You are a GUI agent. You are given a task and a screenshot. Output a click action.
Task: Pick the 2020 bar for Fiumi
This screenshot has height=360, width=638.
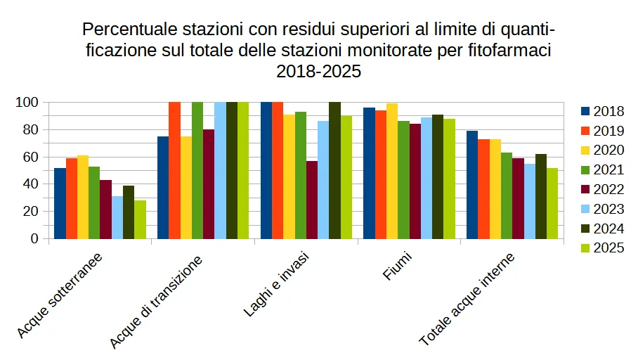point(392,171)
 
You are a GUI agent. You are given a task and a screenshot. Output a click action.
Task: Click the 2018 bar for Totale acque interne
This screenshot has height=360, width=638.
point(472,185)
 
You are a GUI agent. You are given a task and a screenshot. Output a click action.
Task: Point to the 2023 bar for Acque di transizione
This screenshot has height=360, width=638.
point(220,170)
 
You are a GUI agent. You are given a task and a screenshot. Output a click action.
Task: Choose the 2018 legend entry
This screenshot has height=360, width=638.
point(601,111)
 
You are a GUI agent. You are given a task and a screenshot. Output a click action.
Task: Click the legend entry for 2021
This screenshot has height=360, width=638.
point(601,169)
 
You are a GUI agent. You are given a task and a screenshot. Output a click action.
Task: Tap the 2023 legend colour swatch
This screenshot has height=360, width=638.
point(585,209)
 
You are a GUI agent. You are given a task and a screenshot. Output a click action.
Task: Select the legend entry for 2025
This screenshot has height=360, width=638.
point(601,247)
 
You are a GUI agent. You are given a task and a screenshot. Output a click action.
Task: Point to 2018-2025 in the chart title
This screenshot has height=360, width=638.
point(318,70)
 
